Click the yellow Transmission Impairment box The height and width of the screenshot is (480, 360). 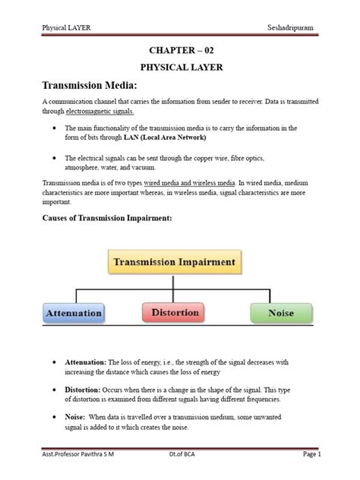(x=175, y=263)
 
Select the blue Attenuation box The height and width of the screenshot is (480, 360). (x=74, y=312)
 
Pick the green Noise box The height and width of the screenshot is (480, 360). (x=280, y=312)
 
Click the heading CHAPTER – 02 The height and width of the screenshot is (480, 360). (x=179, y=52)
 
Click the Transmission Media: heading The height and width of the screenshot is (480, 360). (x=90, y=86)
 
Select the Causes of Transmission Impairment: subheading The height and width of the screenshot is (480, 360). (x=107, y=219)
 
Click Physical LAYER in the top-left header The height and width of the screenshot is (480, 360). (x=68, y=28)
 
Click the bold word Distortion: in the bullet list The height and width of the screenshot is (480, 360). (x=84, y=390)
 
